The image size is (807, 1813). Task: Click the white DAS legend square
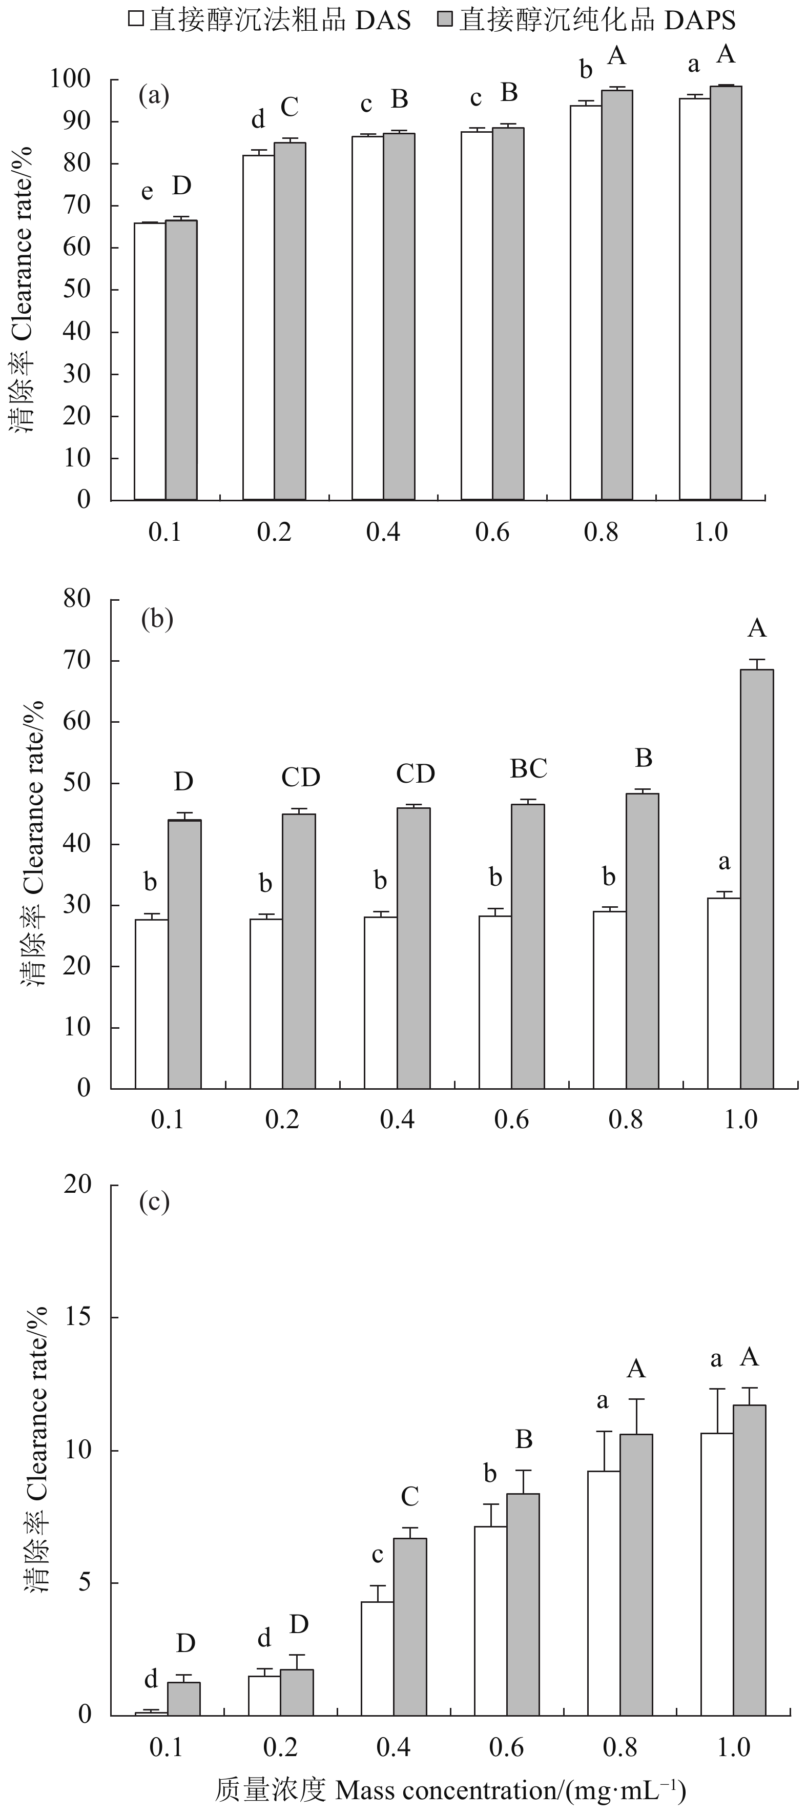tap(136, 19)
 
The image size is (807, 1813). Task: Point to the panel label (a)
tap(154, 95)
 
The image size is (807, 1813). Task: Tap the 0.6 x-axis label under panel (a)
tap(492, 532)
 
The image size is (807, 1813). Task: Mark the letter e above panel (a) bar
tap(147, 191)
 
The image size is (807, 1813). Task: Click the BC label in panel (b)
tap(528, 768)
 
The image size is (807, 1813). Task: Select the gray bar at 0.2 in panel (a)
tap(290, 321)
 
